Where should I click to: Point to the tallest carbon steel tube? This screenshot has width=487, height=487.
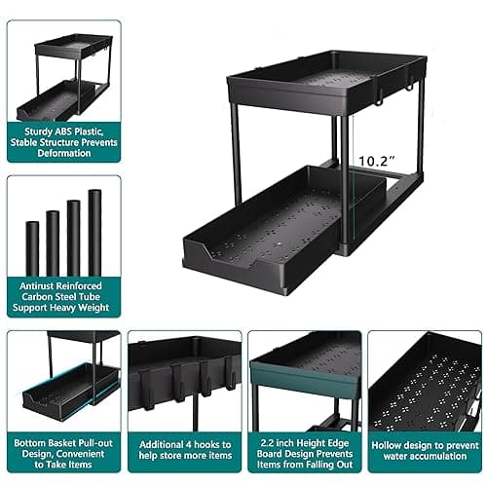tap(94, 233)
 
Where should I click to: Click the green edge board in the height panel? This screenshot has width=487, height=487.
tap(281, 374)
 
